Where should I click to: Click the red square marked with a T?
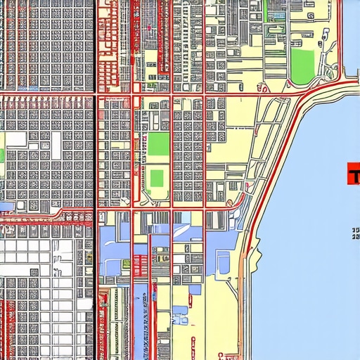[x=353, y=174]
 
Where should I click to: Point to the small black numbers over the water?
[x=355, y=233]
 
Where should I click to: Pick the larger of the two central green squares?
[x=158, y=144]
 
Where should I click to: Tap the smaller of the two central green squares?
[x=157, y=178]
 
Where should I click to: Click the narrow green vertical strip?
[x=2, y=155]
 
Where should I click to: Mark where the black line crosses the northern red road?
[x=94, y=92]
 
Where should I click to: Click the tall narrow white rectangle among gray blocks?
[x=55, y=145]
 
